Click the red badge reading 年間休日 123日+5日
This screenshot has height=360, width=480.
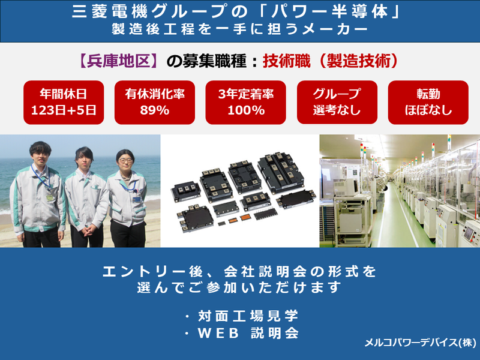(64, 101)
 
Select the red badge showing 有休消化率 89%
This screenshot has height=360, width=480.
(155, 101)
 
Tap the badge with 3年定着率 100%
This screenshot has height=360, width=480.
(246, 101)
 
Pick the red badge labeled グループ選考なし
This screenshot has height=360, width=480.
(337, 101)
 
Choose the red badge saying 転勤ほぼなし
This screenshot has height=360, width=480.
(428, 101)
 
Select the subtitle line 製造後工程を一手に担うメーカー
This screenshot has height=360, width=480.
(239, 29)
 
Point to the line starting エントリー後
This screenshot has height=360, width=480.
(239, 271)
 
